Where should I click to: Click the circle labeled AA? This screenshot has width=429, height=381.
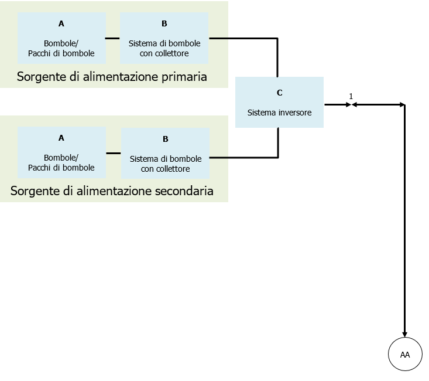(405, 355)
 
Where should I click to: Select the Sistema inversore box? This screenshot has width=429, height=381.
(279, 102)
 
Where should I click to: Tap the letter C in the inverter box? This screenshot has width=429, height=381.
(279, 93)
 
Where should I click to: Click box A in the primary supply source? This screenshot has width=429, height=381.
(61, 38)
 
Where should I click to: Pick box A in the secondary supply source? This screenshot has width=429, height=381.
(61, 153)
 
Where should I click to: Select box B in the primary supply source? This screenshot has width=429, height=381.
(164, 38)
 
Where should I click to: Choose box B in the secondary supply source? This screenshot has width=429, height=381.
(166, 154)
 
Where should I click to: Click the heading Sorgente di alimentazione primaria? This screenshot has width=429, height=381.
(112, 77)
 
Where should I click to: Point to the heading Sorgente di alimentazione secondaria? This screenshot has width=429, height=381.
(112, 191)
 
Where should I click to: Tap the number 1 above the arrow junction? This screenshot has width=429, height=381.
(351, 96)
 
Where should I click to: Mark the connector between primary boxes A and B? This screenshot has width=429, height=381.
(113, 39)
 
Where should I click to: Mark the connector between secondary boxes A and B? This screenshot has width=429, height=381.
(114, 153)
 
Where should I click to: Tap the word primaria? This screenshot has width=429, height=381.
(186, 77)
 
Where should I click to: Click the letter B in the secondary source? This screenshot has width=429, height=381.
(166, 139)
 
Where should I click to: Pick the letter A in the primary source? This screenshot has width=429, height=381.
(61, 23)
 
